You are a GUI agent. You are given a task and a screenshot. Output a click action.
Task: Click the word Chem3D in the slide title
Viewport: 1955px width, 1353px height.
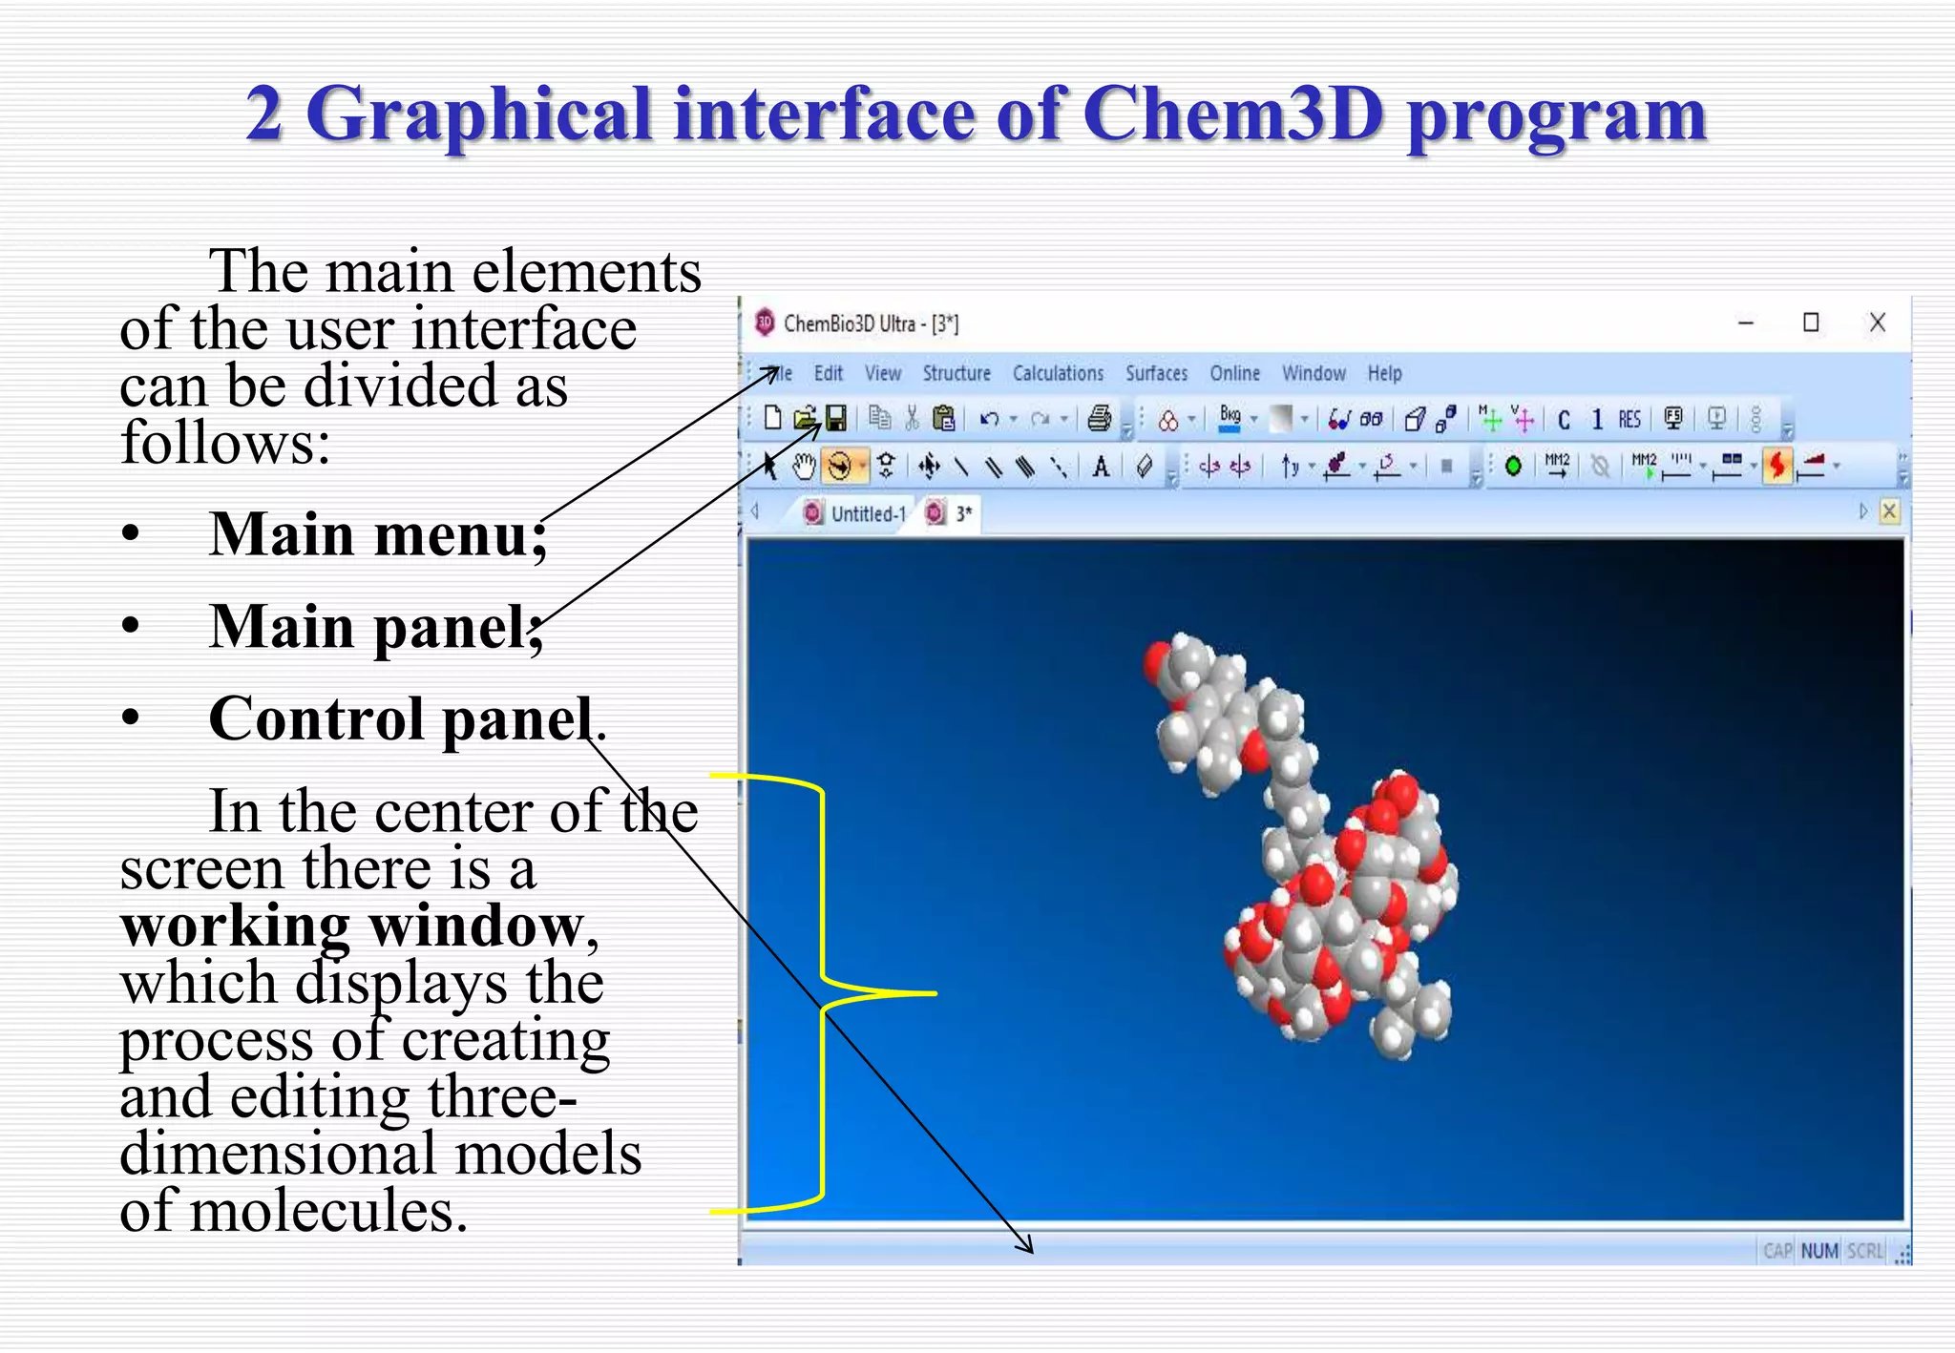1232,114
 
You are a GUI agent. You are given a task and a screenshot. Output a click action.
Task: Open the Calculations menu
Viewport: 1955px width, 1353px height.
1058,373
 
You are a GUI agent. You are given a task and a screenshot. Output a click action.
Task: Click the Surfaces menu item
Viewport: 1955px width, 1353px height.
1156,373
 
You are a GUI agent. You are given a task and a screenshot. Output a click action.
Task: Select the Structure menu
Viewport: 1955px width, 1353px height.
956,373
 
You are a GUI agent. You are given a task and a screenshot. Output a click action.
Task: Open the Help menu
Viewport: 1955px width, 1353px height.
1384,373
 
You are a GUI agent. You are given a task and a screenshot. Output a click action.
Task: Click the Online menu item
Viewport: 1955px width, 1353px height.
1234,373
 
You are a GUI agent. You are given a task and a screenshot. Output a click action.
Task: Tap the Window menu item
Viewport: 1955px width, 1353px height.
1314,373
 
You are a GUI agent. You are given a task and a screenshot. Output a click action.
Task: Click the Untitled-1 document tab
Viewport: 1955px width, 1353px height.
867,513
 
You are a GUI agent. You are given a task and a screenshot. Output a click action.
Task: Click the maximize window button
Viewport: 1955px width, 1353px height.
1810,323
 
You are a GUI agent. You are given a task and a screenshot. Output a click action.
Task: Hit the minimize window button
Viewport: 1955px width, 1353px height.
1746,323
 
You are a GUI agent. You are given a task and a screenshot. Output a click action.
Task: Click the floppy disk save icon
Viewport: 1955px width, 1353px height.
836,418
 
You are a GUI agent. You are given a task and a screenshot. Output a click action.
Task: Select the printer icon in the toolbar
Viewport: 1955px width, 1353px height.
1100,418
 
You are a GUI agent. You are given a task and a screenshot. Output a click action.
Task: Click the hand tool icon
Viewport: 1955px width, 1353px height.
805,466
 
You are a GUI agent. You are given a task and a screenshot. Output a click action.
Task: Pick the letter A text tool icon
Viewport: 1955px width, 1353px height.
1101,467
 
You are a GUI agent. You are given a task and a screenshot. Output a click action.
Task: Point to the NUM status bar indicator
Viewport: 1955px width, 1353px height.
1819,1251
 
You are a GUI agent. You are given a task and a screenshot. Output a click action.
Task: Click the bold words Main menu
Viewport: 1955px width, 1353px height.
377,534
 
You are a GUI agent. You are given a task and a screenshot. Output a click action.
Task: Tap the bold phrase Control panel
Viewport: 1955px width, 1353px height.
401,718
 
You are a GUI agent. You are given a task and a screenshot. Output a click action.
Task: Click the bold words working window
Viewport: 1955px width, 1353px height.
351,926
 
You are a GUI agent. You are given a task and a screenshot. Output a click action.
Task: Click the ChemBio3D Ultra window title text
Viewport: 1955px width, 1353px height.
870,323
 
